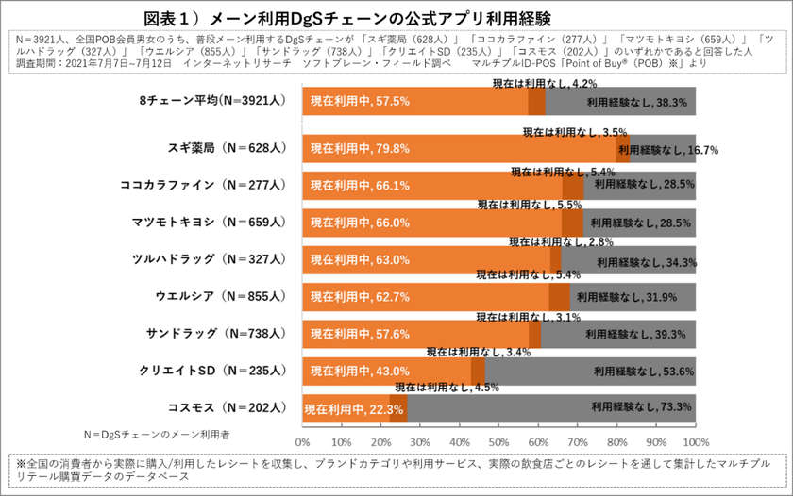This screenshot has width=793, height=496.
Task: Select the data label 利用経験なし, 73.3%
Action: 642,407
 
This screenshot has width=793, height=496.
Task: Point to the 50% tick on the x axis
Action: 499,440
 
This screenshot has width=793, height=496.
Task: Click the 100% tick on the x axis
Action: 696,440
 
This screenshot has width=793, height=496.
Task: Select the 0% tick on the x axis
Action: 303,440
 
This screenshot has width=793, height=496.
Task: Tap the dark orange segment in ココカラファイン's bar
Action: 573,186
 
